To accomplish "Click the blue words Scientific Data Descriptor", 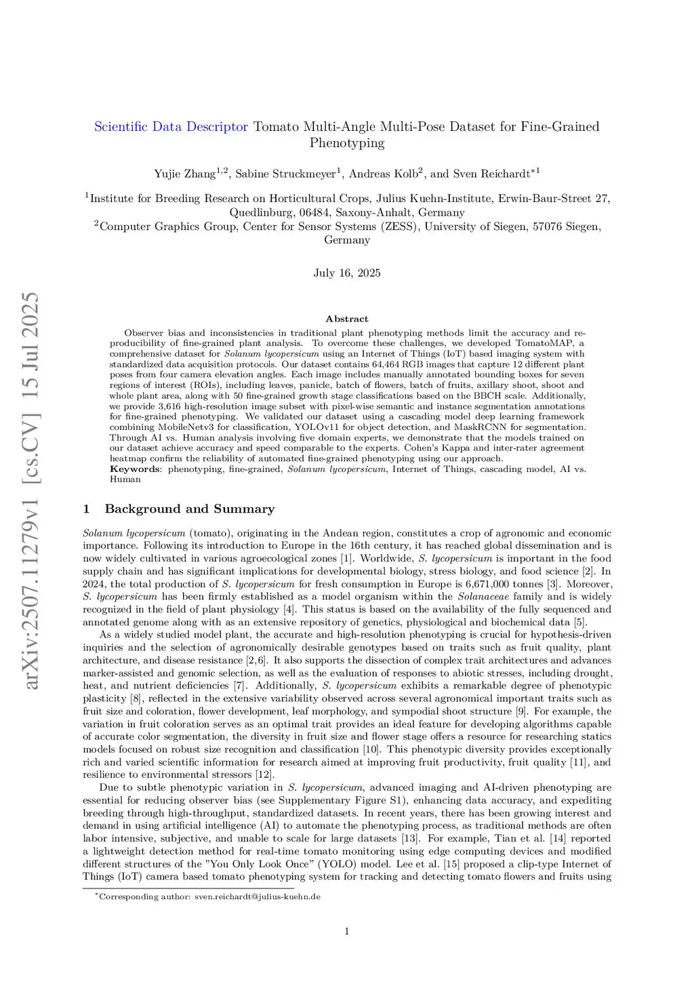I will pyautogui.click(x=171, y=127).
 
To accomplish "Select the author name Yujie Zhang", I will pyautogui.click(x=184, y=174).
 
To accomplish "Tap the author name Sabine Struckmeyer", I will pyautogui.click(x=285, y=174).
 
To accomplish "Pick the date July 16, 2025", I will pyautogui.click(x=347, y=273).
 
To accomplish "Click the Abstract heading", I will pyautogui.click(x=347, y=319).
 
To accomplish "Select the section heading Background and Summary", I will pyautogui.click(x=189, y=509).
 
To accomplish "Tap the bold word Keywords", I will pyautogui.click(x=135, y=469).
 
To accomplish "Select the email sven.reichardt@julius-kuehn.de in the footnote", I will pyautogui.click(x=257, y=897).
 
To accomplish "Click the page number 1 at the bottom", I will pyautogui.click(x=347, y=931).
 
